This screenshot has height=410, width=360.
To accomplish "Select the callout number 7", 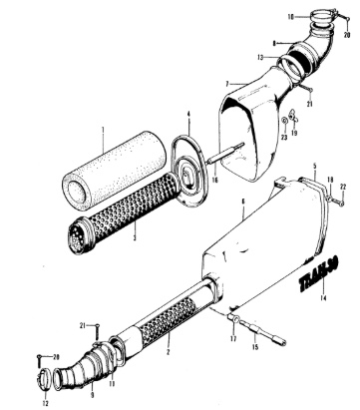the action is (228, 84).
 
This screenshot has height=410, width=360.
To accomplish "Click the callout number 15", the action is (253, 346).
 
